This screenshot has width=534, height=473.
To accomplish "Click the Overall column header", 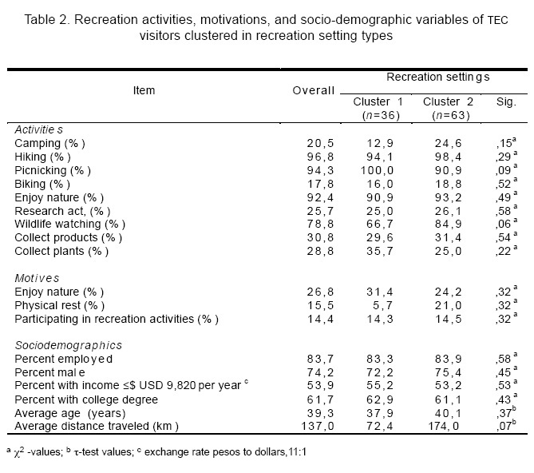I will pos(314,90).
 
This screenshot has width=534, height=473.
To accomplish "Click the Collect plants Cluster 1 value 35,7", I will pos(382,251).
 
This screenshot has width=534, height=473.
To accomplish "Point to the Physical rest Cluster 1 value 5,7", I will pos(385,305).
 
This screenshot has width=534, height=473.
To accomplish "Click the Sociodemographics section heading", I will pos(67,345).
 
